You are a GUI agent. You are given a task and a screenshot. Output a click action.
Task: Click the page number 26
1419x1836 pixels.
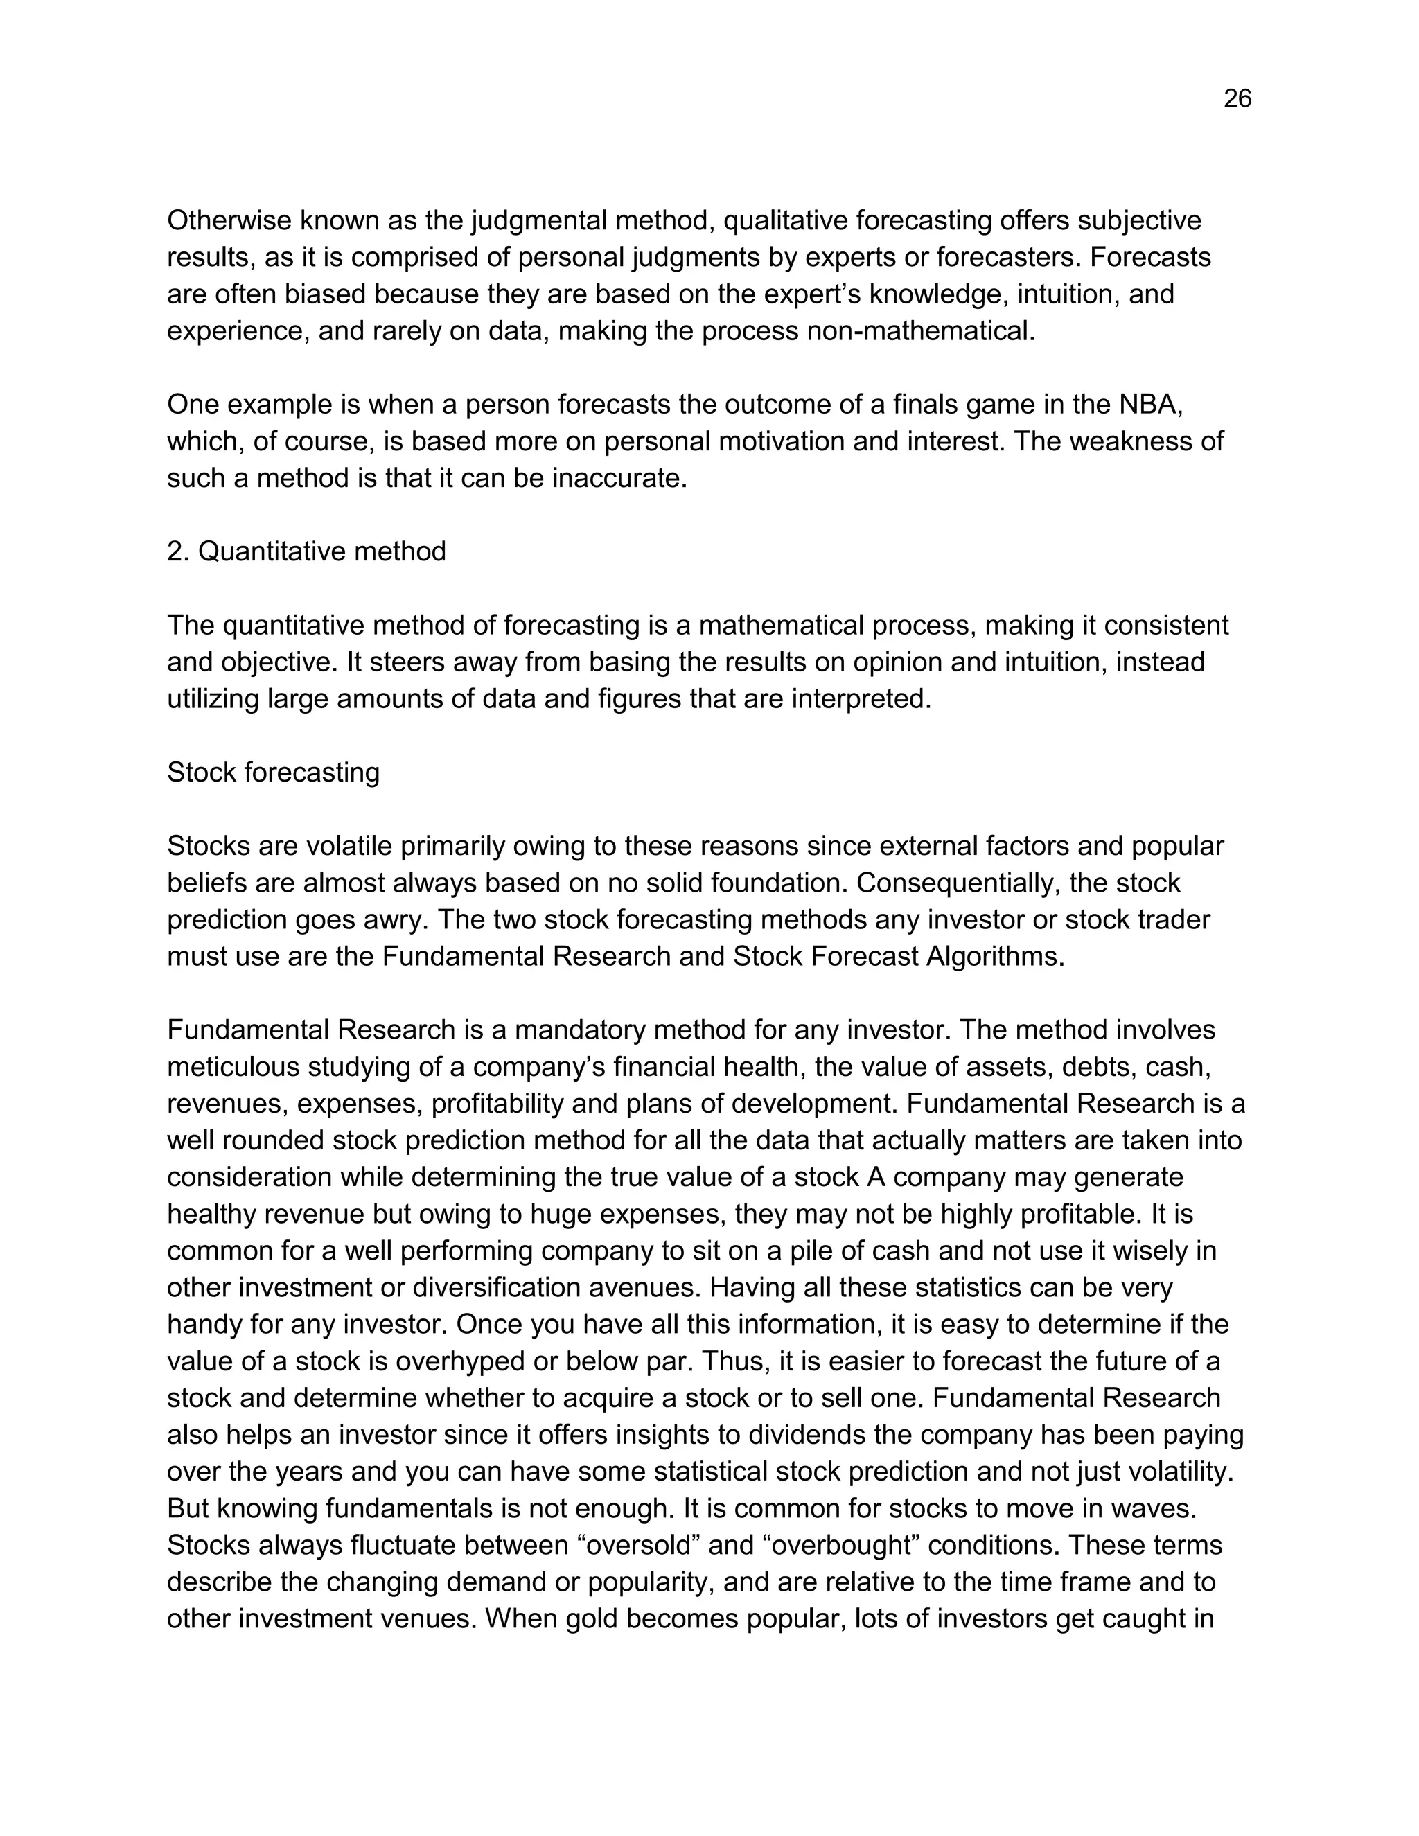(x=1237, y=99)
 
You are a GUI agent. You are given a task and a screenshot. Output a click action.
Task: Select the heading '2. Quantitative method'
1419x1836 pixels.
(x=306, y=551)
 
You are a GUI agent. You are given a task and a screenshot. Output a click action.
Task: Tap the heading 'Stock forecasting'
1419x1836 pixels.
(x=273, y=772)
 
